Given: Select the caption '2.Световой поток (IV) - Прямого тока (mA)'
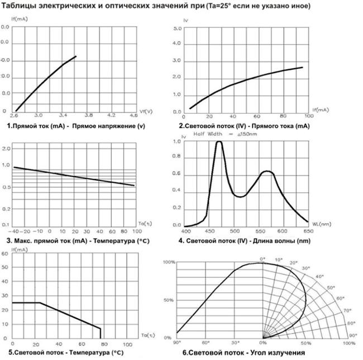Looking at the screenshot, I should [244, 126].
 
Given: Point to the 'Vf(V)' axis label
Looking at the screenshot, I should [146, 110].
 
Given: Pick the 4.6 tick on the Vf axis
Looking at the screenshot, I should [133, 116].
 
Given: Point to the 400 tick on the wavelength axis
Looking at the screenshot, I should [186, 231].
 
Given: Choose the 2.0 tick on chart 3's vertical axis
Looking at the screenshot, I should [7, 149].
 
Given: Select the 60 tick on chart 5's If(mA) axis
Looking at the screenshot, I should [4, 254].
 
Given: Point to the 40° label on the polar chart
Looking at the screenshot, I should [319, 276].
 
